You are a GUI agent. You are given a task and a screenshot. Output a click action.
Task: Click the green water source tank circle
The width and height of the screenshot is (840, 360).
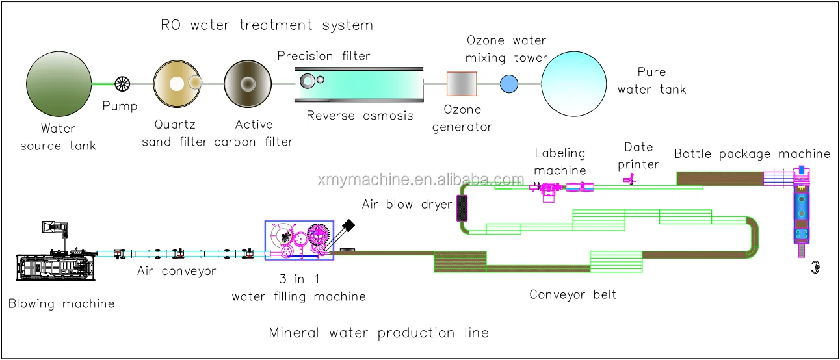[x=59, y=83]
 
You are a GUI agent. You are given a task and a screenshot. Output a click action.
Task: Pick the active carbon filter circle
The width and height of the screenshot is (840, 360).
[x=248, y=84]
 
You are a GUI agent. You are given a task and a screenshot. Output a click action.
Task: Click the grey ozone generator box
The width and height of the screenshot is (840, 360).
[x=461, y=84]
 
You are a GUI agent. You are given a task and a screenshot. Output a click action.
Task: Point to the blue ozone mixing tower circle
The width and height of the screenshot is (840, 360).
[x=508, y=83]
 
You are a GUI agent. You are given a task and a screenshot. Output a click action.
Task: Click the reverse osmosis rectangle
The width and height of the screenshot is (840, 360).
[x=358, y=84]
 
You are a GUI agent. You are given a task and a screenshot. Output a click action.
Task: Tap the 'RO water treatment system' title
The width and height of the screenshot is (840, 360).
[x=267, y=26]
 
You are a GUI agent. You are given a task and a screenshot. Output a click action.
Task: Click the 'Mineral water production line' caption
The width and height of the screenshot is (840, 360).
[x=379, y=333]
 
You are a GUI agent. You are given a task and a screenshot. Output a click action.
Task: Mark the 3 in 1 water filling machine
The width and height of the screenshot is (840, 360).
[x=299, y=240]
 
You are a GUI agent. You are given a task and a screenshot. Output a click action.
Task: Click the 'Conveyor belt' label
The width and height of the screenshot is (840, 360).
[x=573, y=295]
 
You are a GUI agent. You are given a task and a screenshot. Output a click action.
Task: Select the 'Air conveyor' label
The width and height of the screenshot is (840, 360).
[x=176, y=272]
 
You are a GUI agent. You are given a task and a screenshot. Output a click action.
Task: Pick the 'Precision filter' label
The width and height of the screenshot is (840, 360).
[x=324, y=57]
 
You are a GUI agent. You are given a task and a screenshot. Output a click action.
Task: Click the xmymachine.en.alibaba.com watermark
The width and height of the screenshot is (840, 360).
[x=421, y=180]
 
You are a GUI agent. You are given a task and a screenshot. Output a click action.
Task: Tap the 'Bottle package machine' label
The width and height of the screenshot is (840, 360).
[x=752, y=154]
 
